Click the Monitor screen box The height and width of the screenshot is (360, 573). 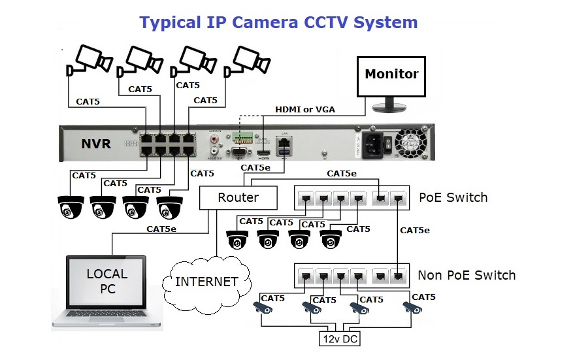point(391,75)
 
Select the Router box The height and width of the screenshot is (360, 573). point(238,197)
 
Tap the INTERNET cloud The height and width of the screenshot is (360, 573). point(206,282)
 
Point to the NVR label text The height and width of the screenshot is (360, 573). point(96,144)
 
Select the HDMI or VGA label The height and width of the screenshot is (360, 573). point(305,109)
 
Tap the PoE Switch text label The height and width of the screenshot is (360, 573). point(453,197)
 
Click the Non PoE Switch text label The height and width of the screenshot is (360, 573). point(467,275)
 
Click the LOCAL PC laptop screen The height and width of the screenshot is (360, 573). point(107,282)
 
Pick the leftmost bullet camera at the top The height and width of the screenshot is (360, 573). point(87,59)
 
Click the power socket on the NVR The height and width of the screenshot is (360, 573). point(367,142)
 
